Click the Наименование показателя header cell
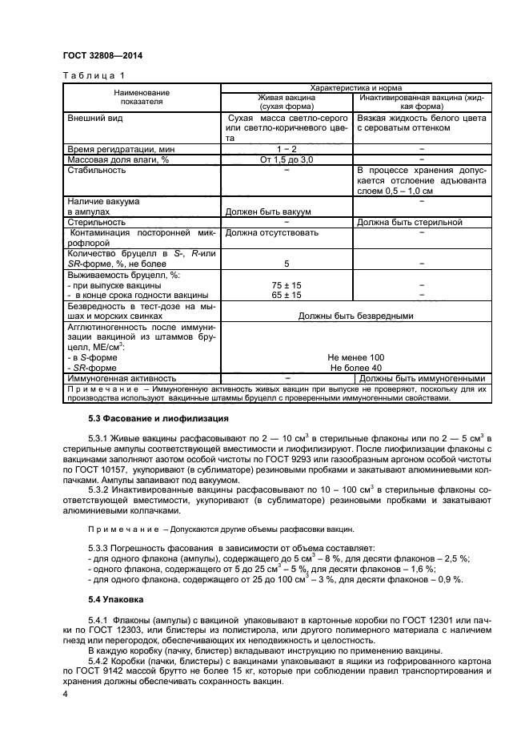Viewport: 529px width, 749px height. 130,97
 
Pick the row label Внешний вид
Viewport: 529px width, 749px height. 95,117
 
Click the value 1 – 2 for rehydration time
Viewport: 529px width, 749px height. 287,149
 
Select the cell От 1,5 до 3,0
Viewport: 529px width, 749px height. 287,159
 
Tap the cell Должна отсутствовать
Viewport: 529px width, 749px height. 271,232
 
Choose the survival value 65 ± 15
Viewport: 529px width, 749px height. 287,294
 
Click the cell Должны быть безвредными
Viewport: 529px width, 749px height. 355,315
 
